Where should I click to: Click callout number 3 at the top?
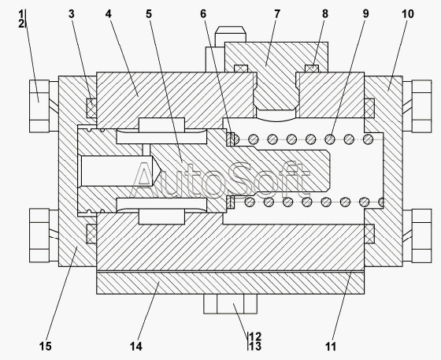tap(72, 13)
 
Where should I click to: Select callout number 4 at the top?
tap(109, 13)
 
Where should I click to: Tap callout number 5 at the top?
tap(149, 13)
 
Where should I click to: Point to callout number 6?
tap(203, 13)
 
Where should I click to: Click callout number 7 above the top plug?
tap(277, 13)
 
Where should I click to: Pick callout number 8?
tap(325, 13)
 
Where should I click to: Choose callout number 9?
tap(365, 13)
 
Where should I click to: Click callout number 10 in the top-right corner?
tap(408, 13)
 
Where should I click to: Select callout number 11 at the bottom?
tap(331, 347)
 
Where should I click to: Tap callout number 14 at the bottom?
tap(136, 347)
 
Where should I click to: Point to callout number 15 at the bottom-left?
tap(46, 347)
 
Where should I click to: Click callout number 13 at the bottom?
tap(255, 347)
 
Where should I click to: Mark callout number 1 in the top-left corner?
tap(21, 13)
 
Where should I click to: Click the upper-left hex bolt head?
tap(39, 106)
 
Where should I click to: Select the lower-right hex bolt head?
tap(421, 236)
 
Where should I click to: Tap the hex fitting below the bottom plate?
tap(230, 304)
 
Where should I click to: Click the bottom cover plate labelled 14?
tap(230, 283)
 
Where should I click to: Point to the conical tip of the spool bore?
tap(161, 171)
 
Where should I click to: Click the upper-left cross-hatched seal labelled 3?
tap(91, 108)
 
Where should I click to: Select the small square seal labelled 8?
tap(312, 69)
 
